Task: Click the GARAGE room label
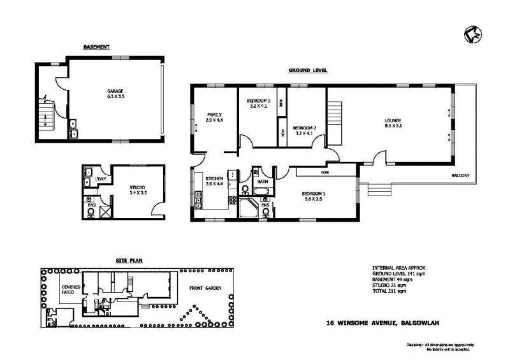click(x=115, y=91)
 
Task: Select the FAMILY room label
click(x=214, y=115)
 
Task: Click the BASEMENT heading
click(x=97, y=47)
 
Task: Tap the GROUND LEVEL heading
click(x=307, y=71)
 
